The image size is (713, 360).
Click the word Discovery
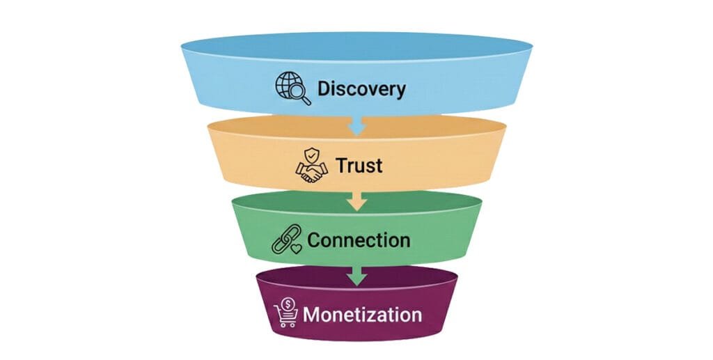click(x=361, y=89)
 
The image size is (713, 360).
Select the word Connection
click(x=359, y=240)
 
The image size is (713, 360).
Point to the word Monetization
click(x=362, y=314)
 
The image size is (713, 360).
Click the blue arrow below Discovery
click(x=357, y=127)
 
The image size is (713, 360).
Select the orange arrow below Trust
click(x=357, y=202)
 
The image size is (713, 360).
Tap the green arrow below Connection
click(x=357, y=276)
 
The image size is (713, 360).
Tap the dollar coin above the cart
click(x=286, y=305)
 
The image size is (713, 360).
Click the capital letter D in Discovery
click(x=325, y=89)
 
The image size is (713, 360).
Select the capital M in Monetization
click(x=313, y=314)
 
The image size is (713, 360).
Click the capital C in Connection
click(x=315, y=240)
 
